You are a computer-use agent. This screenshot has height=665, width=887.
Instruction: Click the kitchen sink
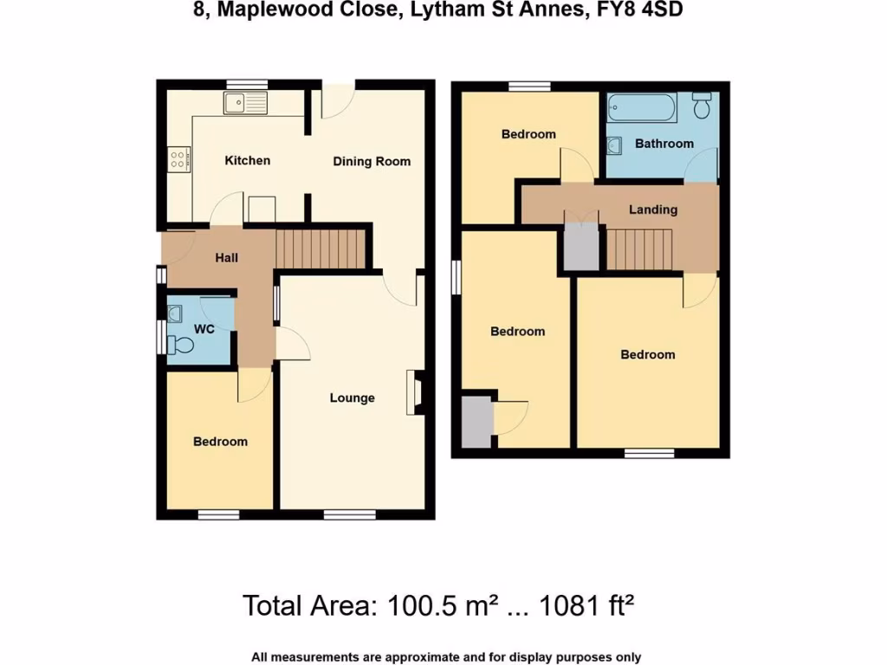coord(245,104)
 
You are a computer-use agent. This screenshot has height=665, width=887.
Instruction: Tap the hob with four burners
coord(178,158)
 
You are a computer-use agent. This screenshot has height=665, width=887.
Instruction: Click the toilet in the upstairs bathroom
coord(702,106)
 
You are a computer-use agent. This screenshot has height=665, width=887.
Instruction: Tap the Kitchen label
coord(248,160)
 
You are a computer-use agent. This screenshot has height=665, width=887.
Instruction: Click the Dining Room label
coord(372,161)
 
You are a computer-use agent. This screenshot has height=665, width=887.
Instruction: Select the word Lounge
coord(352,398)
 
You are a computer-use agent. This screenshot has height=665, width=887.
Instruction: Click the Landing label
coord(653,210)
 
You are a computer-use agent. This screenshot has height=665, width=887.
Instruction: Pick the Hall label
coord(226,257)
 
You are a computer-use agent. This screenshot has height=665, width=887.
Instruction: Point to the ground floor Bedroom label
coord(220,442)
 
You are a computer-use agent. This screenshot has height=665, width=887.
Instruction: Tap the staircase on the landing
coord(638,249)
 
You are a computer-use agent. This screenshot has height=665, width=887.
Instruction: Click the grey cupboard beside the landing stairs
coord(581,247)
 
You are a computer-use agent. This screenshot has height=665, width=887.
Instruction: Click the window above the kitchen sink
coord(246,84)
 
